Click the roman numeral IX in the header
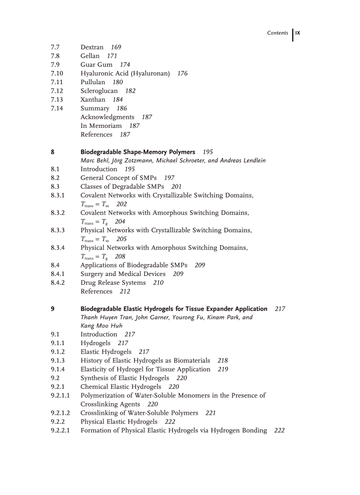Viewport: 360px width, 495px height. tap(298, 33)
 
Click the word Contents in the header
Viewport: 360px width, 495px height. tap(277, 33)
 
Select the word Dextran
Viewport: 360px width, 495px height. tap(92, 47)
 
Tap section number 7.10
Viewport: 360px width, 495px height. tap(57, 74)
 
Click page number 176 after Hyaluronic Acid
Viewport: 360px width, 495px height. tap(182, 74)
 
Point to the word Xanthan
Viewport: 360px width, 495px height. tap(93, 100)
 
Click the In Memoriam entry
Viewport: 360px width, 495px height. tap(101, 126)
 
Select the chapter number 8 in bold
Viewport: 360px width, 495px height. tap(52, 152)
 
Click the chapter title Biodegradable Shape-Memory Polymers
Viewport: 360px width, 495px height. tap(138, 152)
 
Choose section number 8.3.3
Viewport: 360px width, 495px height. tap(58, 231)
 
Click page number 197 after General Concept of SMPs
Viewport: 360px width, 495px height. tap(169, 178)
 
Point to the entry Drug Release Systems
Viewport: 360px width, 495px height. tap(113, 283)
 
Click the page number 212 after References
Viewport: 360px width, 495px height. tap(125, 291)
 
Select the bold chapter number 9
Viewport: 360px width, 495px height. tap(52, 309)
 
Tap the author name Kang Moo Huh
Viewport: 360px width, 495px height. tap(101, 326)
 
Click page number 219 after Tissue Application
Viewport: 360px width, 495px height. tap(223, 369)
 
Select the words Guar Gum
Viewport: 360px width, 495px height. tap(96, 65)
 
